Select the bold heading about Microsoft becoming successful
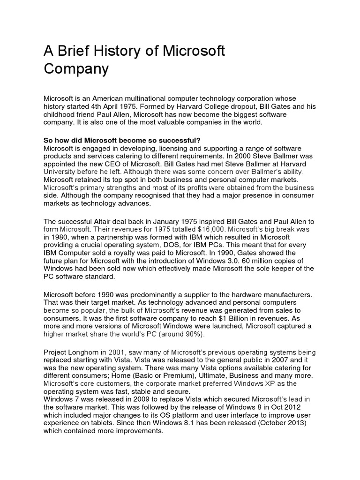coord(122,141)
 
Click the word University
coord(60,172)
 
